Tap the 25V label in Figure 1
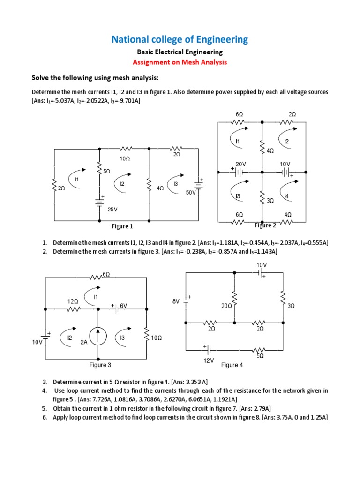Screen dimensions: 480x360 [x=112, y=210]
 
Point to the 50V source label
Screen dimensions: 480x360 [x=190, y=192]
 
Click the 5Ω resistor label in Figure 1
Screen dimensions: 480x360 [x=107, y=172]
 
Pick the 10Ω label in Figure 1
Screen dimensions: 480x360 [x=125, y=159]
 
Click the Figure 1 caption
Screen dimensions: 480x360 [x=122, y=226]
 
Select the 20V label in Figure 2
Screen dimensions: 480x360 [x=240, y=164]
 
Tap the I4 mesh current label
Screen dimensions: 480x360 [x=286, y=196]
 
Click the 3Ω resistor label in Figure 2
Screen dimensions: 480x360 [x=270, y=201]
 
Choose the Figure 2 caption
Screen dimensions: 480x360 [x=265, y=225]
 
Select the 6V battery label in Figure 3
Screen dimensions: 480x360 [x=124, y=306]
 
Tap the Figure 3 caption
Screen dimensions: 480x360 [x=100, y=365]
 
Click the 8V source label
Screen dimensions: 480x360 [x=176, y=302]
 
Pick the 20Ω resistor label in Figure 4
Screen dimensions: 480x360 [x=227, y=306]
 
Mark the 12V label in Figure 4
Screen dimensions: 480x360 [x=209, y=360]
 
